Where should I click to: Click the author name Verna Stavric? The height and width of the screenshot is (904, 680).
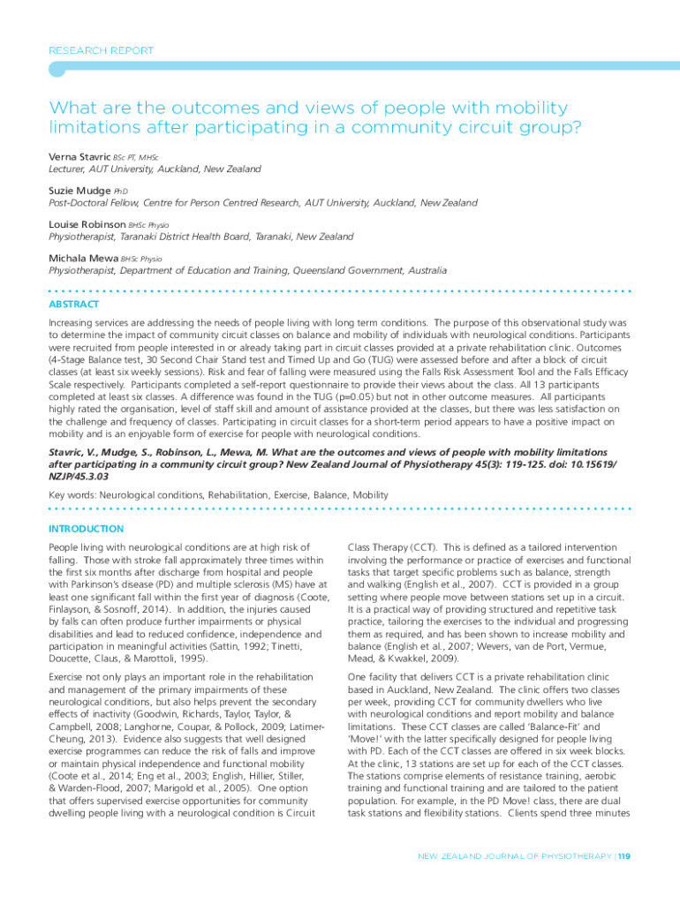tap(79, 155)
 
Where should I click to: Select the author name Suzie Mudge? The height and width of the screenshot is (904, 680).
tap(79, 190)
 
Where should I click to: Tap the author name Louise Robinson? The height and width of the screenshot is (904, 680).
tap(87, 224)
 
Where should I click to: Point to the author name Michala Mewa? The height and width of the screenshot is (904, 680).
tap(83, 258)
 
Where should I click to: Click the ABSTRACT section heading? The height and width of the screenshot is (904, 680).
tap(74, 305)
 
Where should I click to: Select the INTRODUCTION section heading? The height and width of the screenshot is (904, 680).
tap(86, 529)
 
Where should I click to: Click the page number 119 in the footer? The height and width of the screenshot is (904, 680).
tap(624, 855)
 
